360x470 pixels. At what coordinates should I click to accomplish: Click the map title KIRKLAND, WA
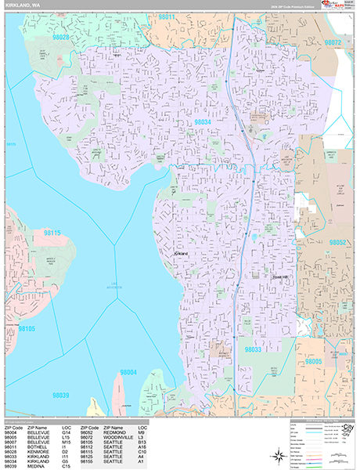point(25,5)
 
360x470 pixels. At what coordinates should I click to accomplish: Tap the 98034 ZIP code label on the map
point(203,122)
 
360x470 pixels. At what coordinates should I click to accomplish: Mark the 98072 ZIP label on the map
point(333,42)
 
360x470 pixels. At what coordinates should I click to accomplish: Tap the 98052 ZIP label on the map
point(337,243)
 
